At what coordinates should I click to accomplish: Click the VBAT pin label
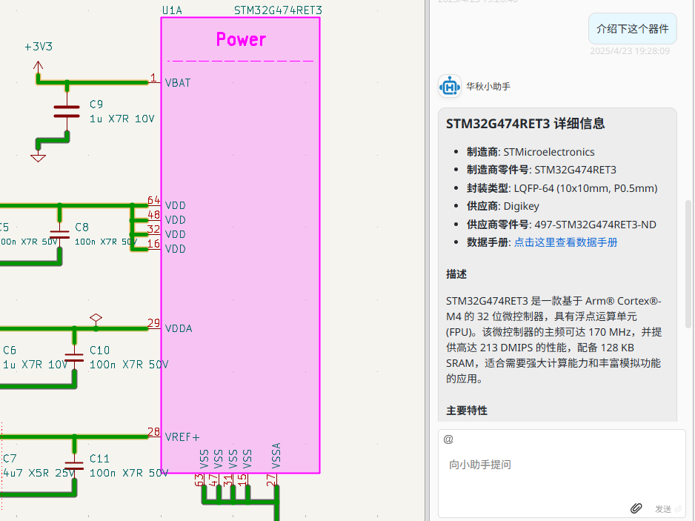coord(178,83)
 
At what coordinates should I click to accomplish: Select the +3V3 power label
coord(39,47)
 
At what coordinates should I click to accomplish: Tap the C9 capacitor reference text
coord(96,104)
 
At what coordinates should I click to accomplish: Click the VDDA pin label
coord(179,328)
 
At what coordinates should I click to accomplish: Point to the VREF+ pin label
coord(182,437)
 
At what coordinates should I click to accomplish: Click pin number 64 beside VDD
coord(153,200)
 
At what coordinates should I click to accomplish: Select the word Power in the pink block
coord(241,39)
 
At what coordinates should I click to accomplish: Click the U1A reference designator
coord(172,10)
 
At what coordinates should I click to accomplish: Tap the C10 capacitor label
coord(99,350)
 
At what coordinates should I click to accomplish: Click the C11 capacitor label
coord(99,459)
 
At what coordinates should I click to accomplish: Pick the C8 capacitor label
coord(82,228)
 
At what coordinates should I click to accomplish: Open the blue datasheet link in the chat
coord(565,242)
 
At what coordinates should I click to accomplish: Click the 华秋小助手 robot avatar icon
coord(450,87)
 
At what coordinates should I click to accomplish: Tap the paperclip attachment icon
coord(636,508)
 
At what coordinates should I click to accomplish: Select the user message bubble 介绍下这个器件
coord(632,30)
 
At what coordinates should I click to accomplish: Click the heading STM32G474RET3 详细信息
coord(525,124)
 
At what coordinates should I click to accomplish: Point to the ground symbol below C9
coord(38,156)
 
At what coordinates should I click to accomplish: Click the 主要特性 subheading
coord(467,411)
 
